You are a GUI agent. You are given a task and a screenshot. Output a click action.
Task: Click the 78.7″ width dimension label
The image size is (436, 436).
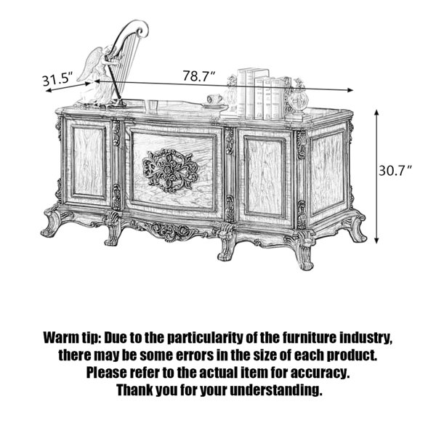pyautogui.click(x=199, y=76)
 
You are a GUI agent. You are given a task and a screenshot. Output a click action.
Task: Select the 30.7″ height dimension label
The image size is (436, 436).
pyautogui.click(x=395, y=170)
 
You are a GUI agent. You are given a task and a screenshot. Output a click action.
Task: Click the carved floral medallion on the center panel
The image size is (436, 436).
pyautogui.click(x=171, y=170)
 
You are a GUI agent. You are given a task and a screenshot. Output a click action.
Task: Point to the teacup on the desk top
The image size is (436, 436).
pyautogui.click(x=214, y=99)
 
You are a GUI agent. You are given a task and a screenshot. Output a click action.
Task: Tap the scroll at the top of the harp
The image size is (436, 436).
pyautogui.click(x=141, y=28)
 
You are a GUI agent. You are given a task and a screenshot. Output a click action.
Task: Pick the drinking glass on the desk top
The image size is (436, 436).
pyautogui.click(x=151, y=105)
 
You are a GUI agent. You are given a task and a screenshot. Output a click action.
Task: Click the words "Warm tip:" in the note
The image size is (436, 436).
pyautogui.click(x=71, y=338)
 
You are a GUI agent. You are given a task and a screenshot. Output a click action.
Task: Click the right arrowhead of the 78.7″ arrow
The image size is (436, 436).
pyautogui.click(x=350, y=89)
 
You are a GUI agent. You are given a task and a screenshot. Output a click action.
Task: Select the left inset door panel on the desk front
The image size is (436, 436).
pyautogui.click(x=89, y=162)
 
